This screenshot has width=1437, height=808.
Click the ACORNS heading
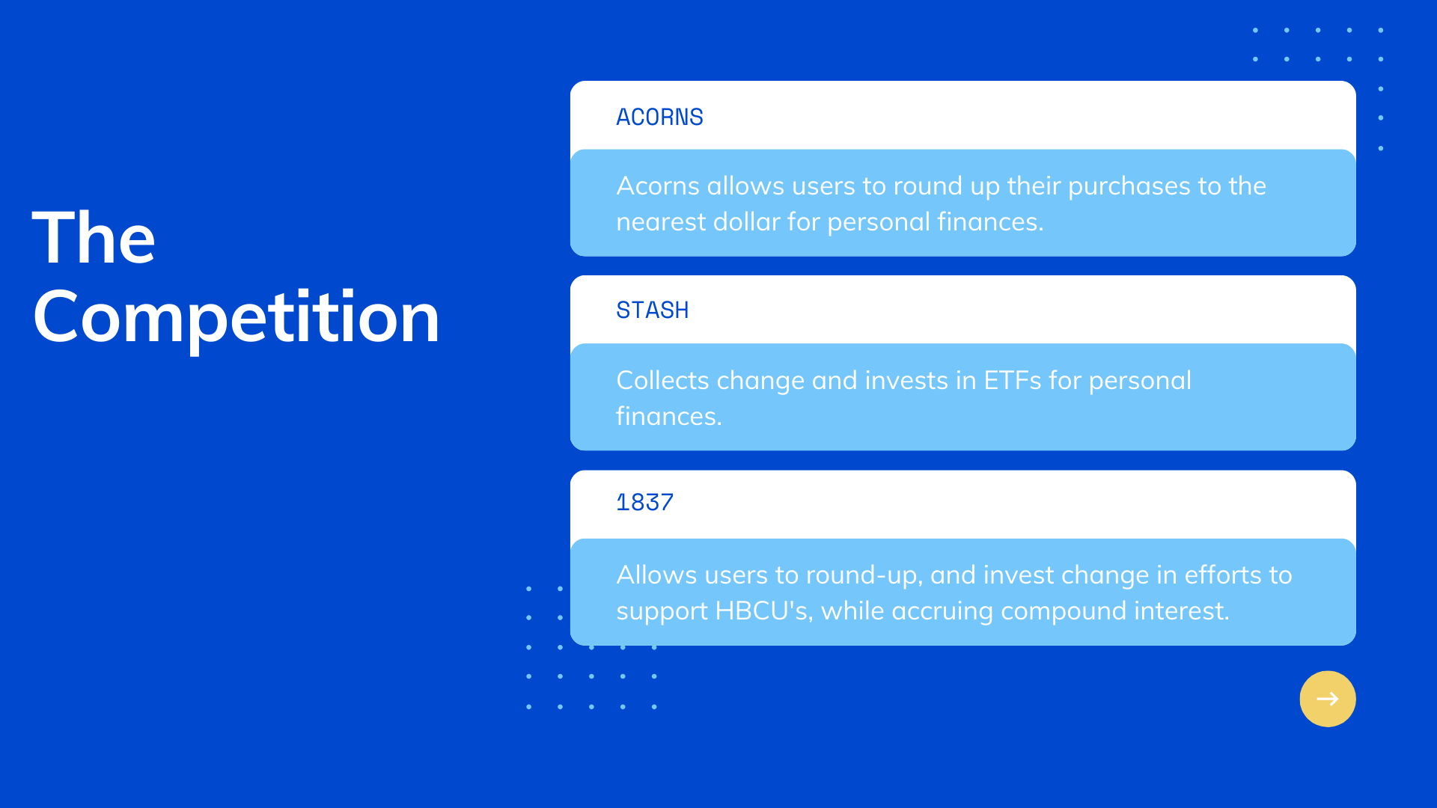[x=659, y=117]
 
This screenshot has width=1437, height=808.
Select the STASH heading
[x=652, y=310]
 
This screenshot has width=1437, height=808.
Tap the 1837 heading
[x=644, y=502]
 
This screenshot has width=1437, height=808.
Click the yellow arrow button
[x=1328, y=699]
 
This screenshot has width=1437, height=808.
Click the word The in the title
[x=94, y=238]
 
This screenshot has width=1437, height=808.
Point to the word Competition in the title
[x=237, y=318]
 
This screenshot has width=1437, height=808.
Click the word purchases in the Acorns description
[x=1130, y=187]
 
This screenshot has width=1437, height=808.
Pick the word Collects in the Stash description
[x=662, y=381]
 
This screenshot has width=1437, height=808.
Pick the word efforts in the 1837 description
[x=1223, y=575]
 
